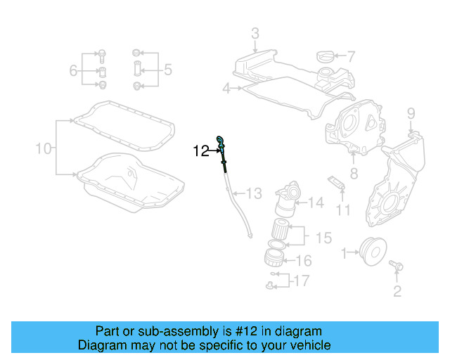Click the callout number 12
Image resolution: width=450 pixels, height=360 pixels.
[x=202, y=150]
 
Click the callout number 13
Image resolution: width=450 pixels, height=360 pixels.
[x=253, y=193]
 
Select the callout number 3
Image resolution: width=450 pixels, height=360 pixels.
[x=255, y=33]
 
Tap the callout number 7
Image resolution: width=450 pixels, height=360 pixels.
[x=351, y=56]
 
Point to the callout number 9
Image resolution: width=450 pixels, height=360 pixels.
[x=411, y=113]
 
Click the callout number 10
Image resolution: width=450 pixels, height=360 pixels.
[x=44, y=148]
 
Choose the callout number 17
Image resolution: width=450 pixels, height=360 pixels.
[x=301, y=281]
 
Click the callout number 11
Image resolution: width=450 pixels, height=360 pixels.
[x=342, y=209]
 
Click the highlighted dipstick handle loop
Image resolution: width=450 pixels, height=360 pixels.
[x=221, y=141]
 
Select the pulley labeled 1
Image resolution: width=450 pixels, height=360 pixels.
[x=371, y=250]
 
